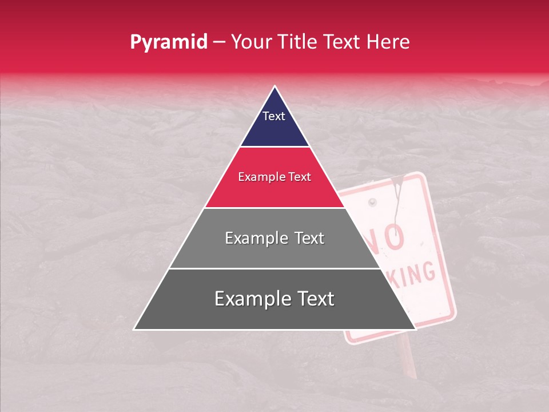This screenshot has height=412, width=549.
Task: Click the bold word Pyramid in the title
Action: click(168, 42)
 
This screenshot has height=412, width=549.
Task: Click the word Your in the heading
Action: click(250, 42)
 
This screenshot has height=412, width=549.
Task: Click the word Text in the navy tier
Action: click(274, 116)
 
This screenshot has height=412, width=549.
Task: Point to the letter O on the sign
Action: click(394, 237)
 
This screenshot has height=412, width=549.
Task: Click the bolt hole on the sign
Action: click(373, 203)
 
